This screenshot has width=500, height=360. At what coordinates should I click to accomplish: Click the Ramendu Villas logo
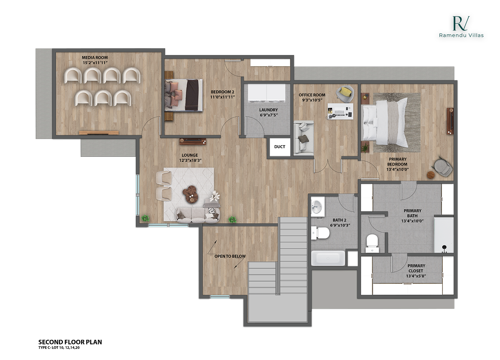tap(461, 27)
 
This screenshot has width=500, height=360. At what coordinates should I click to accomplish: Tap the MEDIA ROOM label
tap(95, 58)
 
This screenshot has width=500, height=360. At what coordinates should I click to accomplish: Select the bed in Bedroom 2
tap(183, 95)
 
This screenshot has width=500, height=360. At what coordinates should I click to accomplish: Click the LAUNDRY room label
tap(268, 110)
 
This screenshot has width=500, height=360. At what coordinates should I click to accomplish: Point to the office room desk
tap(340, 111)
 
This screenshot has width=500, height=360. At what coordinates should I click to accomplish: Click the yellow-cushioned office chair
tap(345, 93)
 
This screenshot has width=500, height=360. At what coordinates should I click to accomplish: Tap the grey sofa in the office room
tap(303, 138)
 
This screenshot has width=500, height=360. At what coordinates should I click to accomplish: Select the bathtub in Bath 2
tap(328, 258)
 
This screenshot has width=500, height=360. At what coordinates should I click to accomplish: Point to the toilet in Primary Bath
tap(372, 243)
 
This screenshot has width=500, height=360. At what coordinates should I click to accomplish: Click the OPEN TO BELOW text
tap(230, 256)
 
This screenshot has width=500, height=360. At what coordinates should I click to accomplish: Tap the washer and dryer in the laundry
tap(267, 93)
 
